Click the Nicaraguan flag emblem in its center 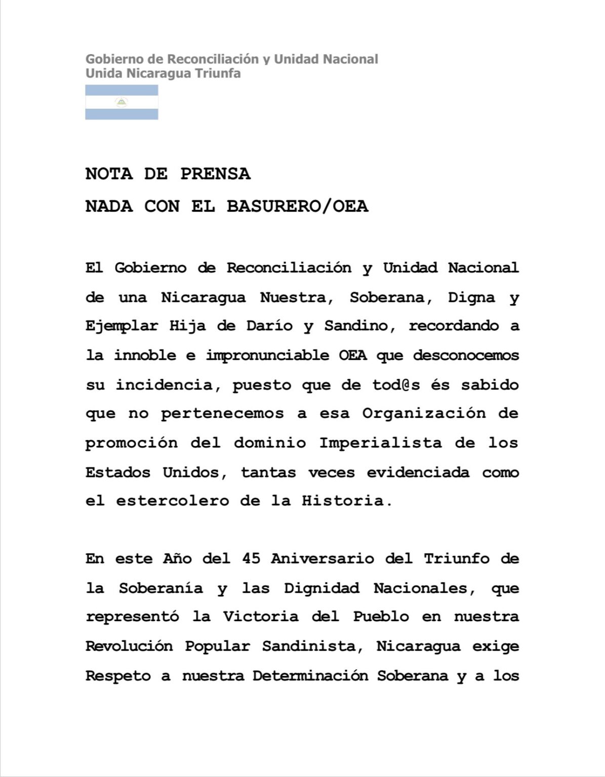pos(122,102)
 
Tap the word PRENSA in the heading pos(215,174)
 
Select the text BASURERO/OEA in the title pos(297,206)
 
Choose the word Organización pos(424,414)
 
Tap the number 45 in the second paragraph pos(252,559)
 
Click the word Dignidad pos(321,588)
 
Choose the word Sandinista pos(312,646)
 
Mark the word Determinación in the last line pos(310,676)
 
